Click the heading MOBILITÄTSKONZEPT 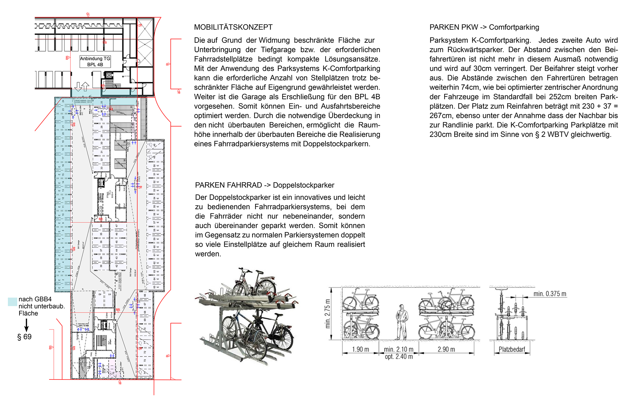tap(233, 27)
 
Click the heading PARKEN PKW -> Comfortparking tap(484, 27)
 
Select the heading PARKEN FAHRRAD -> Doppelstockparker tap(264, 185)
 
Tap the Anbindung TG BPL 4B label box tap(95, 62)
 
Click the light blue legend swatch tap(12, 302)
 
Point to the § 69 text tap(24, 337)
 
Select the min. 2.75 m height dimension tap(328, 313)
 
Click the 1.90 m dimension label tap(360, 350)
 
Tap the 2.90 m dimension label tap(446, 350)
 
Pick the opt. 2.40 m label tap(398, 357)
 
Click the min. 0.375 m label tap(550, 294)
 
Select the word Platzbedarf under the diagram tap(512, 350)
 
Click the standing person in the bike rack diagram tap(401, 322)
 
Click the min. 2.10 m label tap(398, 350)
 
